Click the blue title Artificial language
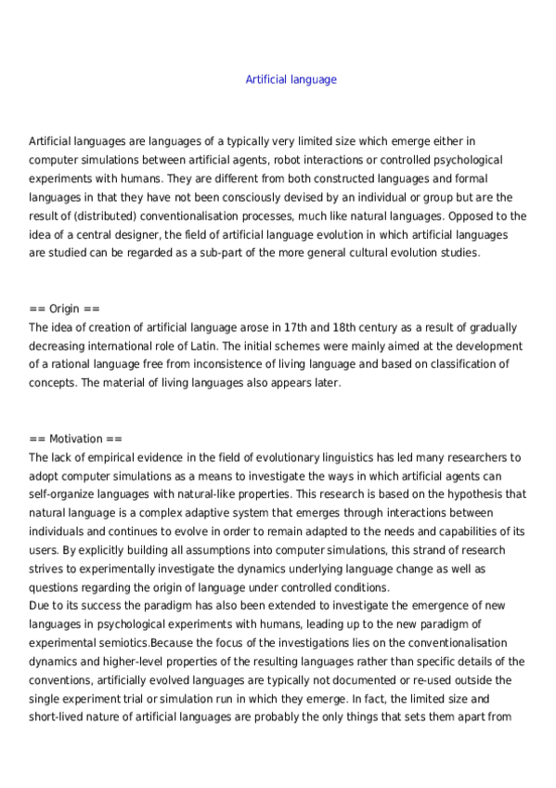(x=291, y=80)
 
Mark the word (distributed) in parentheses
(x=83, y=215)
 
